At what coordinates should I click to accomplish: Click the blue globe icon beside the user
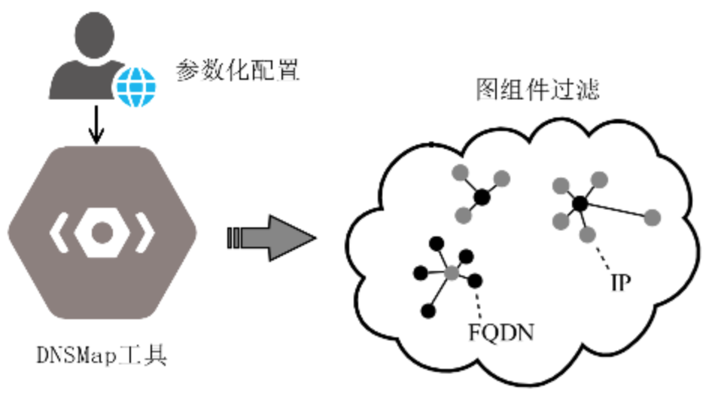[x=135, y=87]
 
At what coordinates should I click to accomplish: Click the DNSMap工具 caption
[x=101, y=354]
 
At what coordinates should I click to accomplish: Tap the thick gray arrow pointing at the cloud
[x=271, y=240]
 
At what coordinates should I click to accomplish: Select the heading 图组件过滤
[x=537, y=90]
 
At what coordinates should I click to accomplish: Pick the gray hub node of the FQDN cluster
[x=451, y=273]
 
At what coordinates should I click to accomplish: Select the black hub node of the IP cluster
[x=580, y=203]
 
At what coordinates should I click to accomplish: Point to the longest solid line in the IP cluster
[x=616, y=211]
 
